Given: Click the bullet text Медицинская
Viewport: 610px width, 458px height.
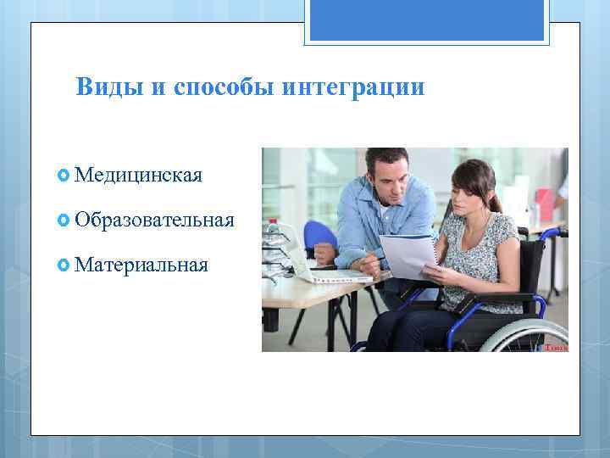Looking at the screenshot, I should coord(138,176).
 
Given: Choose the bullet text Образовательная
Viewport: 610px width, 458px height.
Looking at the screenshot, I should coord(154,221).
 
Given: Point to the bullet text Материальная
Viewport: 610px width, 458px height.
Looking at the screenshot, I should coord(141,265).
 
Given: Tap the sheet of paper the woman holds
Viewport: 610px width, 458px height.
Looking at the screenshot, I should coord(405,255).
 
